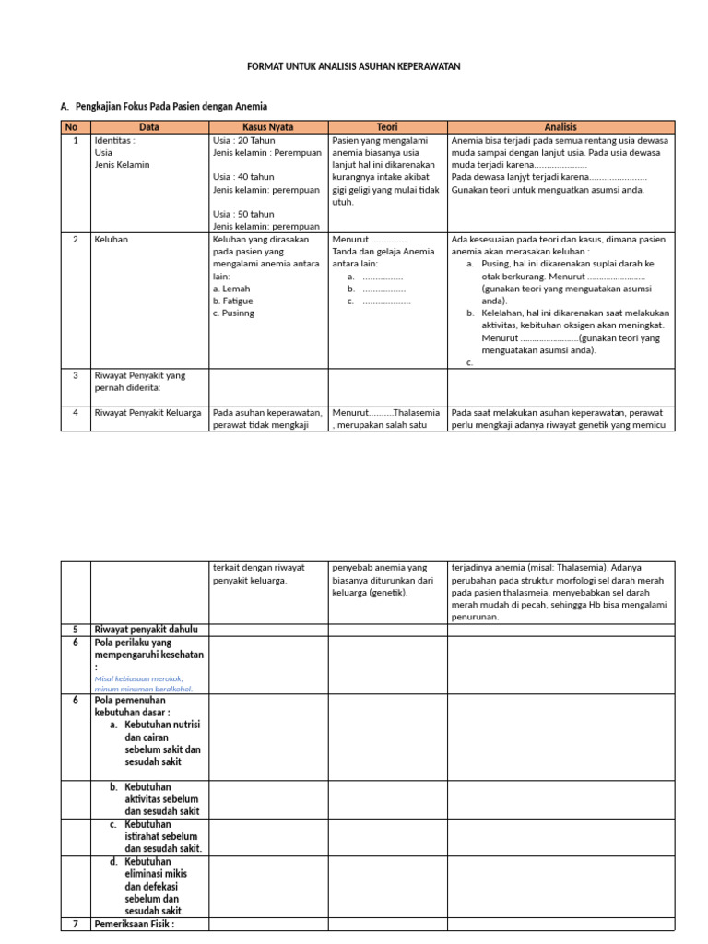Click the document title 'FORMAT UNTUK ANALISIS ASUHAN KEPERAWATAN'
[x=354, y=67]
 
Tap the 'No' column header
[x=75, y=126]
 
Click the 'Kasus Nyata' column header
[x=268, y=126]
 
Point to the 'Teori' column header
[x=387, y=126]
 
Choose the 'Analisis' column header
[x=560, y=126]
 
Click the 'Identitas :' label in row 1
[x=115, y=141]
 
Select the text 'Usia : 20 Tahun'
[x=244, y=141]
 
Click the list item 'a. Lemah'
[x=231, y=289]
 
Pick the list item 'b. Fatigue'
[x=233, y=301]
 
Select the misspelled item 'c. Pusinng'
[x=234, y=313]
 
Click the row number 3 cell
[x=75, y=375]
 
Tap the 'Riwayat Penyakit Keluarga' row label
[x=147, y=413]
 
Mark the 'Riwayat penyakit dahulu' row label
[x=147, y=630]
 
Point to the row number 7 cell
[x=75, y=924]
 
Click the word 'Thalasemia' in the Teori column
[x=418, y=413]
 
